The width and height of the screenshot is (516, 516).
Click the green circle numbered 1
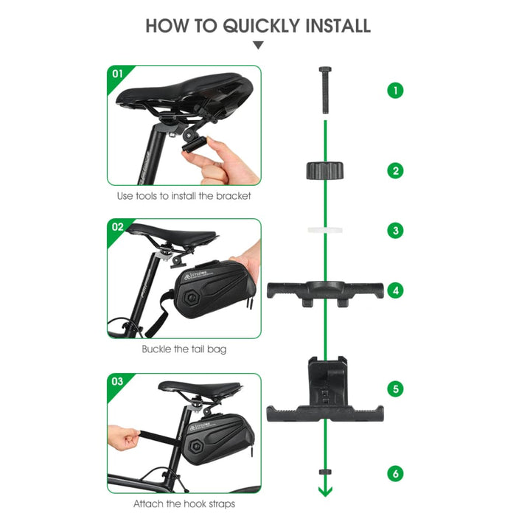coord(396,91)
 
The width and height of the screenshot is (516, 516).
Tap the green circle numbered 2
coord(396,171)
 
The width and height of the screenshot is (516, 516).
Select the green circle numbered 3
coord(396,231)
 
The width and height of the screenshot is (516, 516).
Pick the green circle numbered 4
coord(396,290)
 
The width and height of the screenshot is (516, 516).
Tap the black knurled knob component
coord(324,171)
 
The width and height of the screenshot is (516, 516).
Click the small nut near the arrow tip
coord(324,470)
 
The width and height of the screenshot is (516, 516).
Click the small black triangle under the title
coord(257,46)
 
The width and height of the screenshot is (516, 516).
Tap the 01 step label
coord(117,74)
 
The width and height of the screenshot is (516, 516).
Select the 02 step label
coord(117,227)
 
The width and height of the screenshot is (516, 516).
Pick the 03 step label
coord(117,382)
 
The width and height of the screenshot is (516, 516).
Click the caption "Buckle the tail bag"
coord(184,349)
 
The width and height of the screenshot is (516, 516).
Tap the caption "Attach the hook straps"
coord(184,504)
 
